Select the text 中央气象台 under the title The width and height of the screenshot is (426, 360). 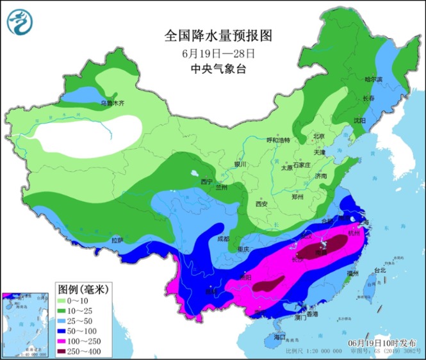coord(213,69)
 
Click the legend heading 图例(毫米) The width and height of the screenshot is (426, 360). coord(81,289)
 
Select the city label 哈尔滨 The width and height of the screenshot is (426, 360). coord(373,80)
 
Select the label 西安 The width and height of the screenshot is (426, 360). coord(261,204)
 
